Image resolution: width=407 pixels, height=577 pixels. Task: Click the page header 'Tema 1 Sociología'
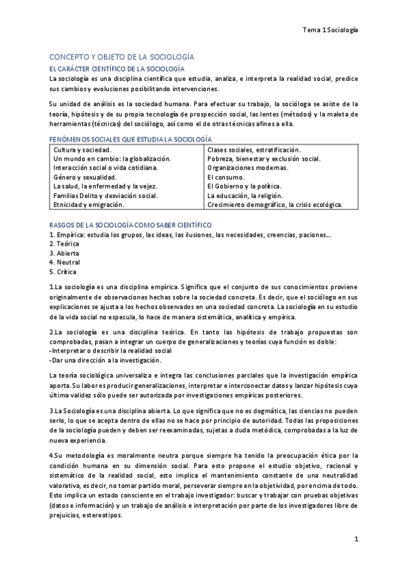point(330,31)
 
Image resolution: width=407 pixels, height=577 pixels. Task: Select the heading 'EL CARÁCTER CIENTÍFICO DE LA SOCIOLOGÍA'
point(116,69)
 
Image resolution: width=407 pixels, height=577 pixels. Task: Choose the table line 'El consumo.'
point(225,177)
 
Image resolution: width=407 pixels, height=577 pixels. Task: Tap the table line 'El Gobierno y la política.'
point(244,186)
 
